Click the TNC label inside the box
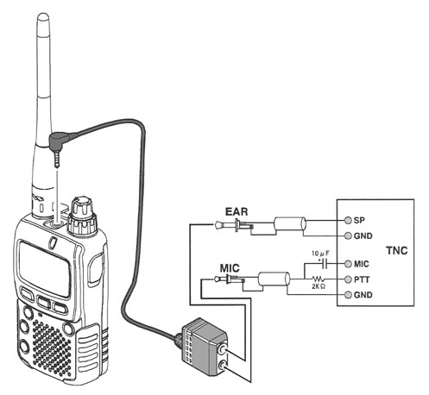click(x=396, y=250)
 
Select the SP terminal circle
click(x=349, y=220)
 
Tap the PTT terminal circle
click(x=349, y=279)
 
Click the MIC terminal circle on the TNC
click(x=349, y=264)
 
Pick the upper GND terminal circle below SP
click(x=349, y=235)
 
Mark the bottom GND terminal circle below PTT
click(x=349, y=295)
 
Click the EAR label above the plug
click(x=237, y=211)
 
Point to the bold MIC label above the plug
click(x=230, y=268)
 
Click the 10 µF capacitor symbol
click(x=325, y=263)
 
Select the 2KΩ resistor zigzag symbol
click(x=319, y=279)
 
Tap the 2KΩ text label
click(x=319, y=286)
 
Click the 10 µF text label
click(x=320, y=254)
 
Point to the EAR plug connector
click(x=234, y=224)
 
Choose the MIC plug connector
click(x=230, y=279)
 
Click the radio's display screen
click(x=45, y=268)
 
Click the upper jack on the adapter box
click(x=222, y=349)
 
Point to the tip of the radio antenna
click(x=43, y=15)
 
